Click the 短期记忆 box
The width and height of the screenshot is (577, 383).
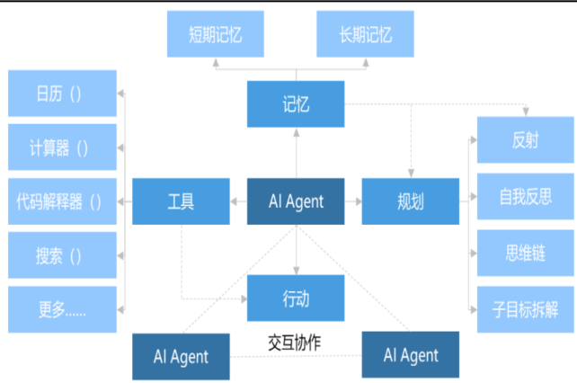(x=216, y=36)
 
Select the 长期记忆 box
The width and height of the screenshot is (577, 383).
(x=366, y=36)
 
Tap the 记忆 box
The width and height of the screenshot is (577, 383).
(x=296, y=103)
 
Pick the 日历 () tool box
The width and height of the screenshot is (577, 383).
(x=62, y=94)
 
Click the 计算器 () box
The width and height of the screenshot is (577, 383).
(x=62, y=147)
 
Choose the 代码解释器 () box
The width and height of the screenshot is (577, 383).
(x=62, y=201)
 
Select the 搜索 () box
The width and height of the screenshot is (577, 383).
(x=62, y=255)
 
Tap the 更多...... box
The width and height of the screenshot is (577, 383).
(x=62, y=309)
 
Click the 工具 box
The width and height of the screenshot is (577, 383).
(x=181, y=201)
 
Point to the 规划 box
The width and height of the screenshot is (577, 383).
(x=410, y=201)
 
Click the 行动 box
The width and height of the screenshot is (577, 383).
(x=296, y=298)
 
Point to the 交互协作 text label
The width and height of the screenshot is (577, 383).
(x=296, y=343)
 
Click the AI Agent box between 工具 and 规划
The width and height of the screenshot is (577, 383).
(x=296, y=201)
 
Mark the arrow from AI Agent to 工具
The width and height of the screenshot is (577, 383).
(x=238, y=201)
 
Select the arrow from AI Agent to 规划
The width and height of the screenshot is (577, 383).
(x=353, y=201)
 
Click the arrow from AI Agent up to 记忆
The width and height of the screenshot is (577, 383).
(x=296, y=153)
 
